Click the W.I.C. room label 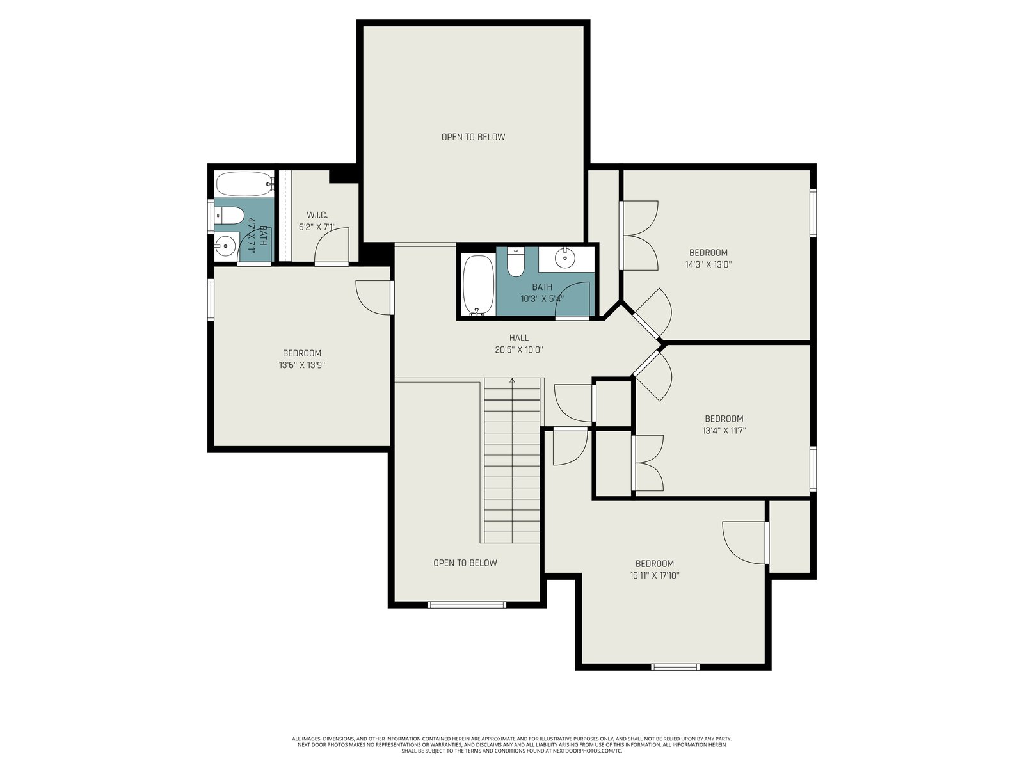tap(317, 215)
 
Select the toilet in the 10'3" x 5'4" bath tap(516, 262)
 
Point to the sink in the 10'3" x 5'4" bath tap(565, 257)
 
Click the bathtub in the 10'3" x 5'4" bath tap(478, 285)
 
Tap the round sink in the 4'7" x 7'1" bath tap(225, 245)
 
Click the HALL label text tap(519, 338)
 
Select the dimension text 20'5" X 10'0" tap(519, 349)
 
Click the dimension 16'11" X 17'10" tap(654, 575)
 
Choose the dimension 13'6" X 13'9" tap(302, 365)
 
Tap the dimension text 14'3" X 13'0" tap(708, 264)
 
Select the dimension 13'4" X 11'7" tap(724, 430)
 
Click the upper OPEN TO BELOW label tap(473, 137)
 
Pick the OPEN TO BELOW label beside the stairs tap(465, 563)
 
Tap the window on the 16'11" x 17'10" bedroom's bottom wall tap(675, 667)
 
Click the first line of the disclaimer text tap(512, 739)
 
